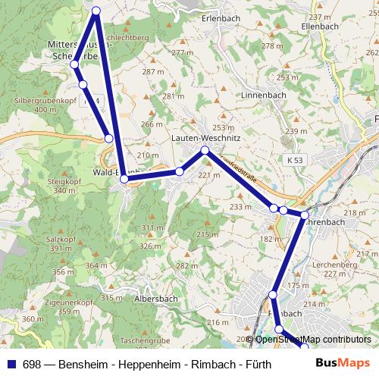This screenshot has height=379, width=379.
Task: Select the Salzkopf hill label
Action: pos(45,239)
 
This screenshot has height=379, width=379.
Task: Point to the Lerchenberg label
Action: pos(339,265)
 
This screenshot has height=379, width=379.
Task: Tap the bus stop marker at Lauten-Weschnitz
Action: pos(205,152)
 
